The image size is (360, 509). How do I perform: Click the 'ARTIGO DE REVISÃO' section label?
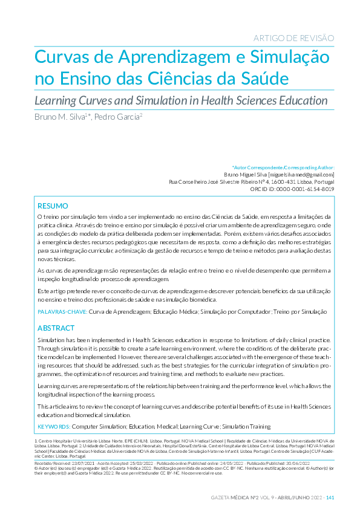(x=295, y=38)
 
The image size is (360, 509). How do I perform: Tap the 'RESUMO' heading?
(x=53, y=206)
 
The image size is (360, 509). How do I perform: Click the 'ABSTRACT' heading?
(x=56, y=328)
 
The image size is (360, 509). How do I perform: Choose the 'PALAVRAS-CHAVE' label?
(x=62, y=312)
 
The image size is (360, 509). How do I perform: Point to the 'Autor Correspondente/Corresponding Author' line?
(x=283, y=167)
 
